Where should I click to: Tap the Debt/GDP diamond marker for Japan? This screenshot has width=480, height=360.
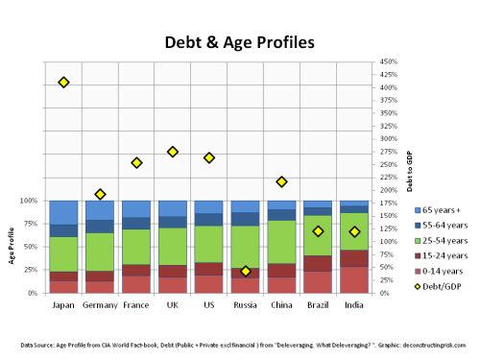click(x=63, y=83)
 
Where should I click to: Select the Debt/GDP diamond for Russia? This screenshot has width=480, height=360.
click(x=246, y=272)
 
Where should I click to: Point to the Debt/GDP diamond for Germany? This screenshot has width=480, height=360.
click(x=100, y=194)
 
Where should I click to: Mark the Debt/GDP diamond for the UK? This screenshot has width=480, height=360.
click(x=173, y=152)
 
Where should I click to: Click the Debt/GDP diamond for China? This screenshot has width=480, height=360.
click(x=282, y=181)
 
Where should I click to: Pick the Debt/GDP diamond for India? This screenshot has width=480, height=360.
click(x=355, y=231)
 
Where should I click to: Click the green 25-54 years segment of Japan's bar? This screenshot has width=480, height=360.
click(x=63, y=253)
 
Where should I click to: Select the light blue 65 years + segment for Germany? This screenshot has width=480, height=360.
click(x=100, y=210)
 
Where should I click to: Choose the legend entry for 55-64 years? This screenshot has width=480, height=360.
click(x=441, y=224)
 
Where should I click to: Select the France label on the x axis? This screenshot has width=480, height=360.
click(x=136, y=306)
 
